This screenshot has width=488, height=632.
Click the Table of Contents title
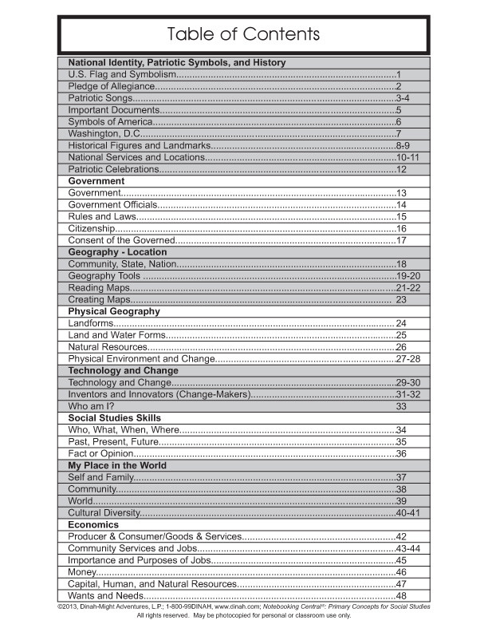(243, 34)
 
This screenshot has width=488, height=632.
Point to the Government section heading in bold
(96, 181)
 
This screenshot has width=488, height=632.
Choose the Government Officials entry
(112, 205)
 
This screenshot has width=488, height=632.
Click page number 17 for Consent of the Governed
(402, 240)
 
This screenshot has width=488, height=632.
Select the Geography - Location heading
(117, 252)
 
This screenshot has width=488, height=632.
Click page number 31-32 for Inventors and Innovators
(407, 394)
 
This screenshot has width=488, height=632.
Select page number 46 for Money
(402, 572)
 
